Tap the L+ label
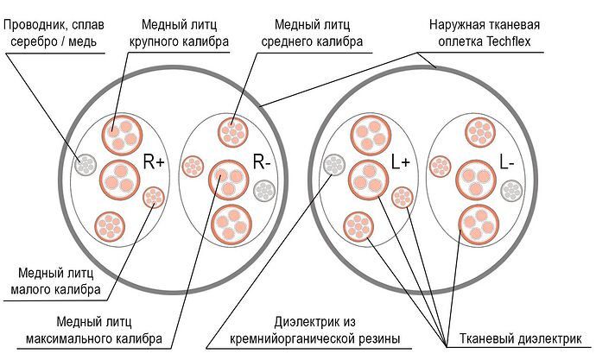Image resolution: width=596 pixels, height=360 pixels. pyautogui.click(x=401, y=161)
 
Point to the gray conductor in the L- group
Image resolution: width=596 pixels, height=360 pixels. pyautogui.click(x=512, y=190)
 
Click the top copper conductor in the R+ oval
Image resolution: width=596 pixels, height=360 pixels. pyautogui.click(x=119, y=132)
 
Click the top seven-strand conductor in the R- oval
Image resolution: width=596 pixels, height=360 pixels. pyautogui.click(x=231, y=131)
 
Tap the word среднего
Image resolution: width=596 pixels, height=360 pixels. pyautogui.click(x=302, y=40)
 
